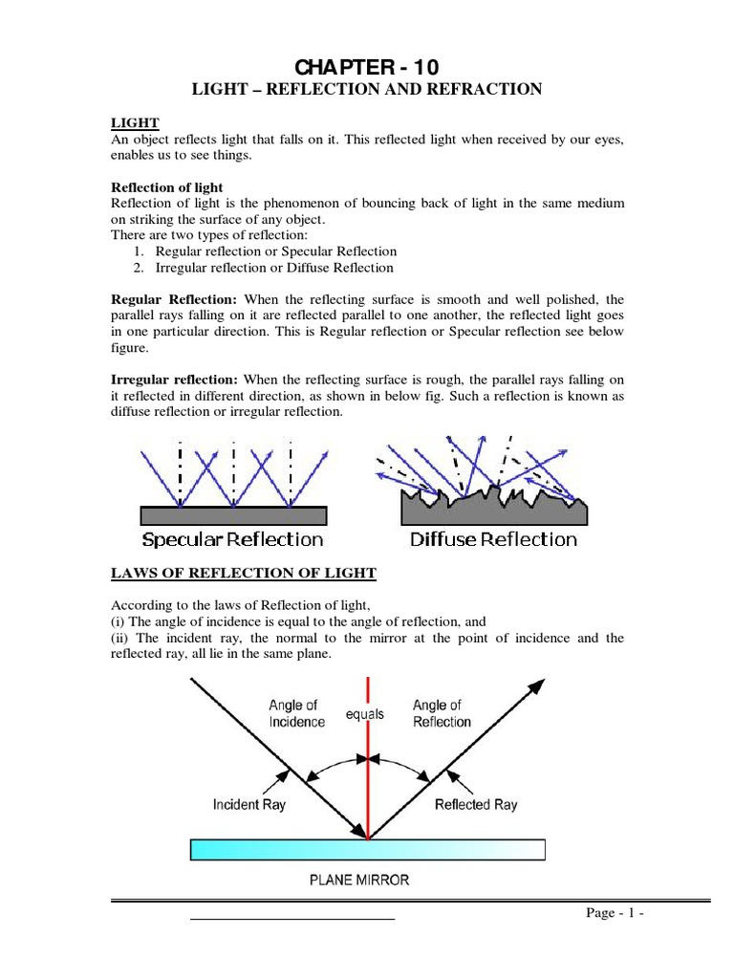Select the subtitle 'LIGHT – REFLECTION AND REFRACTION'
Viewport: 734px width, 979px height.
368,90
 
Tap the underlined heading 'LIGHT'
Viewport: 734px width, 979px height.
135,123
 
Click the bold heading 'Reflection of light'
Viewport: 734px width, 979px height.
167,186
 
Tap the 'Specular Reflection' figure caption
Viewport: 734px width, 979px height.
232,539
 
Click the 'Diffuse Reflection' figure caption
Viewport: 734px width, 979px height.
493,539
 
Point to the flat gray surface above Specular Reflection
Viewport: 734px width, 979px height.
233,515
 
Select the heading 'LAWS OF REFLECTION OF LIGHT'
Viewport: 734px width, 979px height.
244,574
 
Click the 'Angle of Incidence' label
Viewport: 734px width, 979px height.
296,713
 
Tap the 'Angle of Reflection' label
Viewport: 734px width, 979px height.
442,713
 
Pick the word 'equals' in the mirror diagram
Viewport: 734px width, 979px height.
365,714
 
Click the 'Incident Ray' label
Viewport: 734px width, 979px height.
248,805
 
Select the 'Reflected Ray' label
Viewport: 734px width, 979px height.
476,805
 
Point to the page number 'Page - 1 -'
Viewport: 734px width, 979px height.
615,914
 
